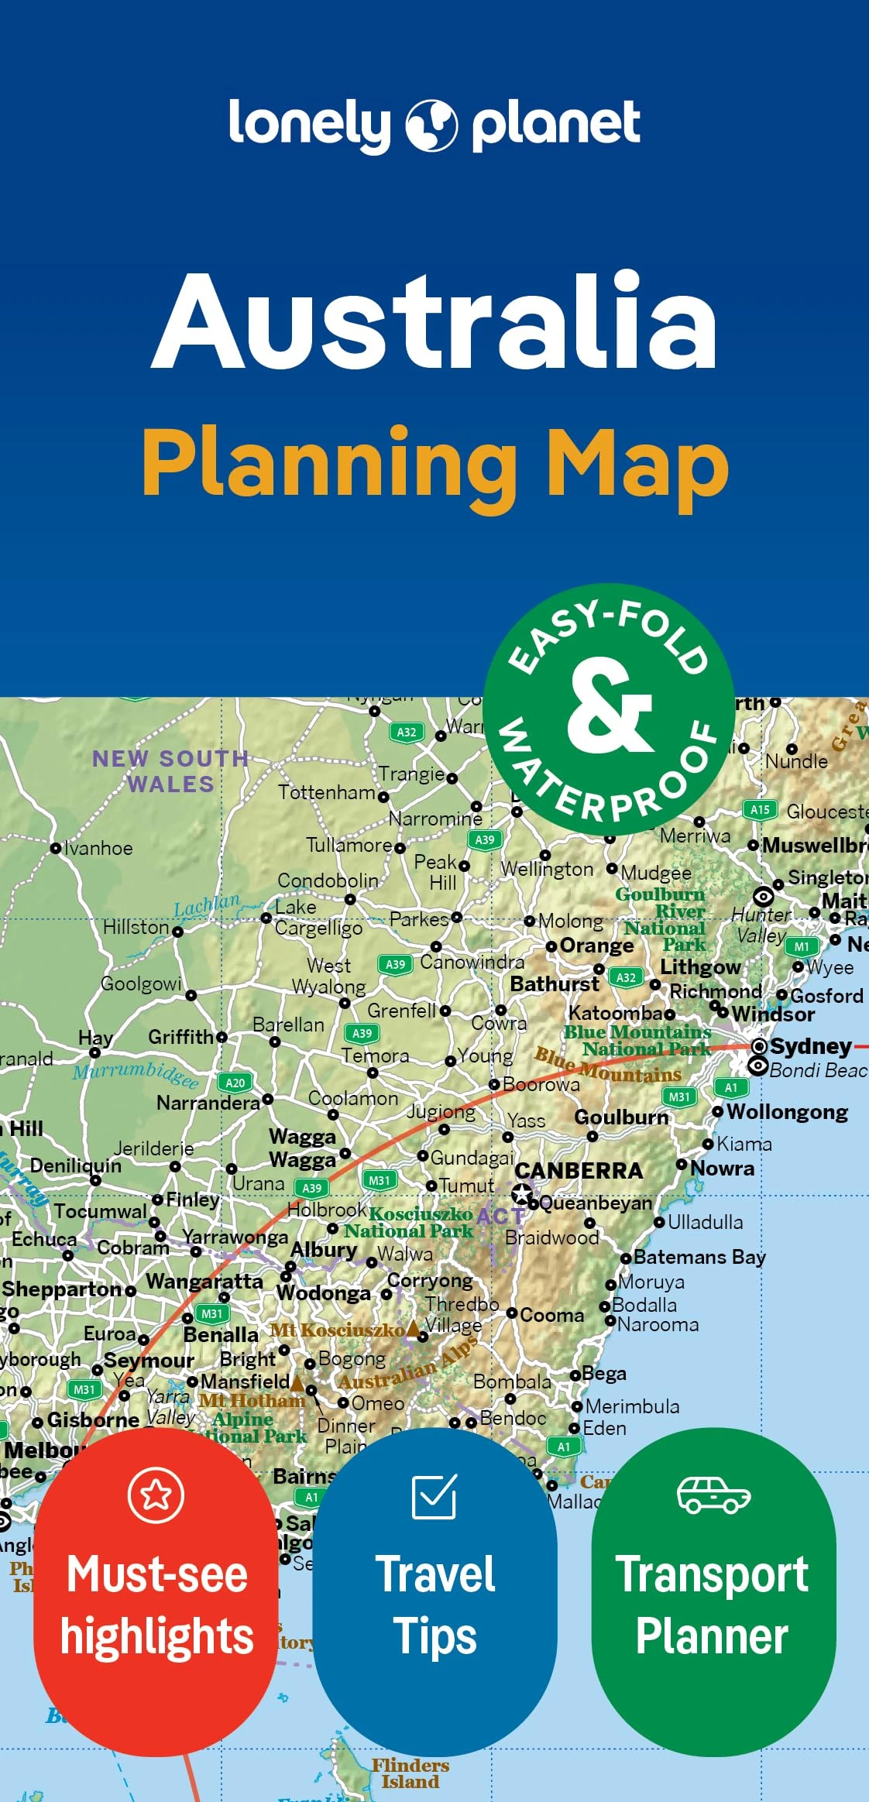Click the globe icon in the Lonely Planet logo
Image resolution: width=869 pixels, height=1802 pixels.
431,125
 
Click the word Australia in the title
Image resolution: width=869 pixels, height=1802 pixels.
434,321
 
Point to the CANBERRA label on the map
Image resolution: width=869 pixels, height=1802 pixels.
579,1170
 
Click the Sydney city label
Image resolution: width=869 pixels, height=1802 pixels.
810,1046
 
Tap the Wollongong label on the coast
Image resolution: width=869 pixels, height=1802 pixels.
787,1112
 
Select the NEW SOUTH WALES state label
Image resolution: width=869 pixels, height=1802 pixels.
170,771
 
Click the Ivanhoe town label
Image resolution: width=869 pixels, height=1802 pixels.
98,848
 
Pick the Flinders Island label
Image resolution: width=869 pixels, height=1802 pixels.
410,1773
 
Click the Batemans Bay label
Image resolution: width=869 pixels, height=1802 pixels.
699,1256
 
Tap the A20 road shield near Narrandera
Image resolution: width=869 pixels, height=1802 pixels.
235,1083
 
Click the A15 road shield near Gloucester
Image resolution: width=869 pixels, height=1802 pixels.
760,810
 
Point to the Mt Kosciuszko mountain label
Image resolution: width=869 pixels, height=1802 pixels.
337,1330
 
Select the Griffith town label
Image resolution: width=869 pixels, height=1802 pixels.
181,1037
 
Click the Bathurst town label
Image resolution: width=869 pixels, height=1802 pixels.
555,984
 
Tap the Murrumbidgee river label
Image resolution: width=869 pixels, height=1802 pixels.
136,1074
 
